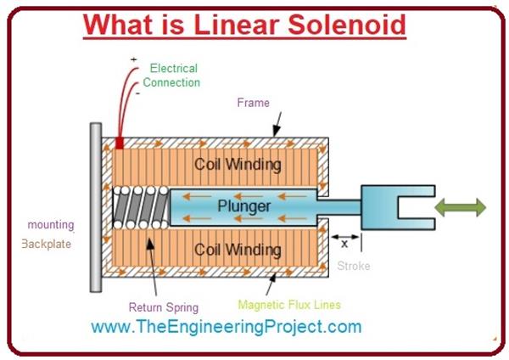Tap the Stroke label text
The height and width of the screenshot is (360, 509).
coord(354,266)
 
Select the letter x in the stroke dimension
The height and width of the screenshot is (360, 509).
coord(344,242)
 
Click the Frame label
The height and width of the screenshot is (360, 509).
coord(254,103)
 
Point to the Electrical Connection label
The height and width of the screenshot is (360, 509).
coord(172,75)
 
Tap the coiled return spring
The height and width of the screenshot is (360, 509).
coord(141,207)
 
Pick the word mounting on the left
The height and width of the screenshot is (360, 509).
coord(50,225)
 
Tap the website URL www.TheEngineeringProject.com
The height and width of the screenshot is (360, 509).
coord(226,327)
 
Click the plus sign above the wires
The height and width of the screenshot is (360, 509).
coord(133,59)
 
